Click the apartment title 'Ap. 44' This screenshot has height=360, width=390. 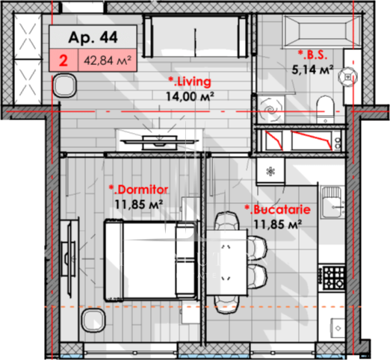(x=93, y=37)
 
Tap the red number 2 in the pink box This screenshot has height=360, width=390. (x=64, y=60)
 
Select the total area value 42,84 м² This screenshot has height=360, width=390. (x=108, y=60)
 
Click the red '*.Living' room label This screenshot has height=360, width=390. (x=190, y=82)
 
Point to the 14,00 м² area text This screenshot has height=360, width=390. (x=190, y=96)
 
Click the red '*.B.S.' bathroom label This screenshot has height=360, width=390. (x=313, y=55)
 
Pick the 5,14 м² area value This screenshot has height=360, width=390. (x=312, y=69)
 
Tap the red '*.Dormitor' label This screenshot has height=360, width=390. (x=138, y=190)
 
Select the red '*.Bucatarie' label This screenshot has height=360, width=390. (x=278, y=210)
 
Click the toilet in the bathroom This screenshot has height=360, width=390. (x=325, y=109)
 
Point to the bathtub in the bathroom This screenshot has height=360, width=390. (x=323, y=31)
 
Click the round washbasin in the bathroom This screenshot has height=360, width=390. (x=347, y=77)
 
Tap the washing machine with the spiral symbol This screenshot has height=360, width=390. (x=270, y=110)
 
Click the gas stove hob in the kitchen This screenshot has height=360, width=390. (x=333, y=278)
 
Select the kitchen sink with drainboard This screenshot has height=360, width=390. (x=332, y=202)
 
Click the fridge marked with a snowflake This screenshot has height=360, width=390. (x=270, y=171)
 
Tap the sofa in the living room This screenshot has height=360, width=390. (x=195, y=36)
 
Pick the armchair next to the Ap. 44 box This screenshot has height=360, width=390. (x=64, y=85)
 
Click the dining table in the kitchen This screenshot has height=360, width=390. (x=227, y=262)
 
